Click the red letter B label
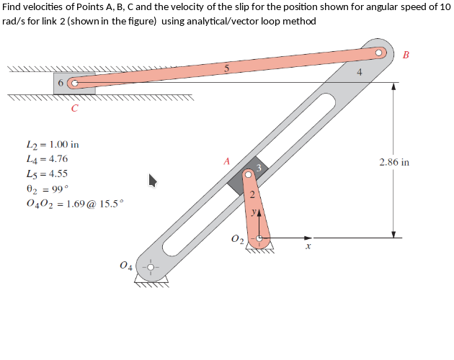(406, 55)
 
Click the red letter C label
(75, 109)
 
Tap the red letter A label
(226, 162)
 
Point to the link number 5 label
(226, 69)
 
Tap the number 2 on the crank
(252, 195)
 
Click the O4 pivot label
(127, 267)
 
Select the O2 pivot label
(237, 239)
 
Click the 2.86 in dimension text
(394, 162)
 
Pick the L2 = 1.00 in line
(52, 144)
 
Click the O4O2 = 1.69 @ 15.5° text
(74, 203)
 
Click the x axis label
(308, 246)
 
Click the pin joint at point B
(380, 53)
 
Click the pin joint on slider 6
(72, 83)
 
